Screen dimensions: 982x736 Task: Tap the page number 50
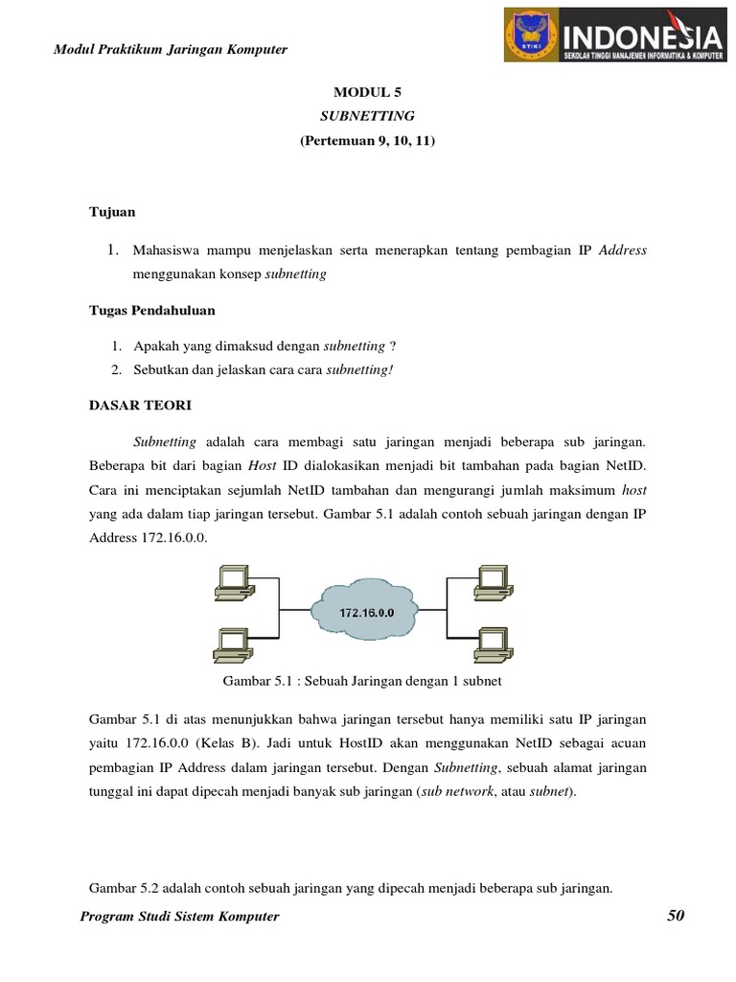(x=676, y=916)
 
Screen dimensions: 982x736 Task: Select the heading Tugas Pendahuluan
(x=151, y=310)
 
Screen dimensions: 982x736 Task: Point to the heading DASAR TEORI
(x=140, y=405)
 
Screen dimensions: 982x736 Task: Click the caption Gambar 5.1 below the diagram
(x=362, y=682)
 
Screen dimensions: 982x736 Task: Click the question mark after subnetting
(x=393, y=345)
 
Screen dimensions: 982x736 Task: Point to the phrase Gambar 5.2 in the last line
(x=125, y=888)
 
